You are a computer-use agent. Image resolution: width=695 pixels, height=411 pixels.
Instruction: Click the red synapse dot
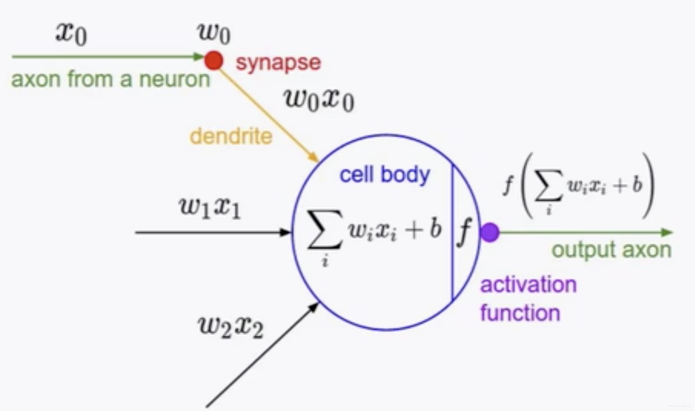pyautogui.click(x=213, y=60)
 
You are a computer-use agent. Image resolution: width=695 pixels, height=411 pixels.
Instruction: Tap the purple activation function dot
pyautogui.click(x=490, y=232)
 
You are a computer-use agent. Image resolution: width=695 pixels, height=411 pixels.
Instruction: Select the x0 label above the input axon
pyautogui.click(x=71, y=34)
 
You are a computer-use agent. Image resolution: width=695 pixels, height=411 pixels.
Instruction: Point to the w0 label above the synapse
pyautogui.click(x=214, y=33)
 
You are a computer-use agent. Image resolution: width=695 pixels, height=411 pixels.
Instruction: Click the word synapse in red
pyautogui.click(x=278, y=62)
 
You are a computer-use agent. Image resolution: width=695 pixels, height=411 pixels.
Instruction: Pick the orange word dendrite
pyautogui.click(x=231, y=136)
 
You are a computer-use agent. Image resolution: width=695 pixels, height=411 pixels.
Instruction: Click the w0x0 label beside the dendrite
pyautogui.click(x=318, y=100)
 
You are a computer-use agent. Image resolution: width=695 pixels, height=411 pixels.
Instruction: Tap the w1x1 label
pyautogui.click(x=210, y=208)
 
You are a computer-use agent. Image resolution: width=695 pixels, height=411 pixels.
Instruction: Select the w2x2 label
pyautogui.click(x=231, y=326)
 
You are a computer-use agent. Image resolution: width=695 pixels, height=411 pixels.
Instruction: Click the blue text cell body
pyautogui.click(x=384, y=175)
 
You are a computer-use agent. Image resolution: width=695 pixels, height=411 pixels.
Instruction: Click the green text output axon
pyautogui.click(x=611, y=250)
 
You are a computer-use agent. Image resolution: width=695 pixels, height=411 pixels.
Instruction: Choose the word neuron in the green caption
pyautogui.click(x=174, y=80)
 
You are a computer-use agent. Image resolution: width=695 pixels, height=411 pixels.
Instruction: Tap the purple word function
pyautogui.click(x=520, y=313)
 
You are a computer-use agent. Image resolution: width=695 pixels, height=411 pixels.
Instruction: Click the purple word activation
pyautogui.click(x=528, y=285)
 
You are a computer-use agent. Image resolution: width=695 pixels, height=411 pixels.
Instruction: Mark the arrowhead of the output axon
pyautogui.click(x=667, y=232)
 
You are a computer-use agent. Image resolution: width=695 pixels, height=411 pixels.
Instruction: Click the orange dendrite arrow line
pyautogui.click(x=268, y=112)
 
